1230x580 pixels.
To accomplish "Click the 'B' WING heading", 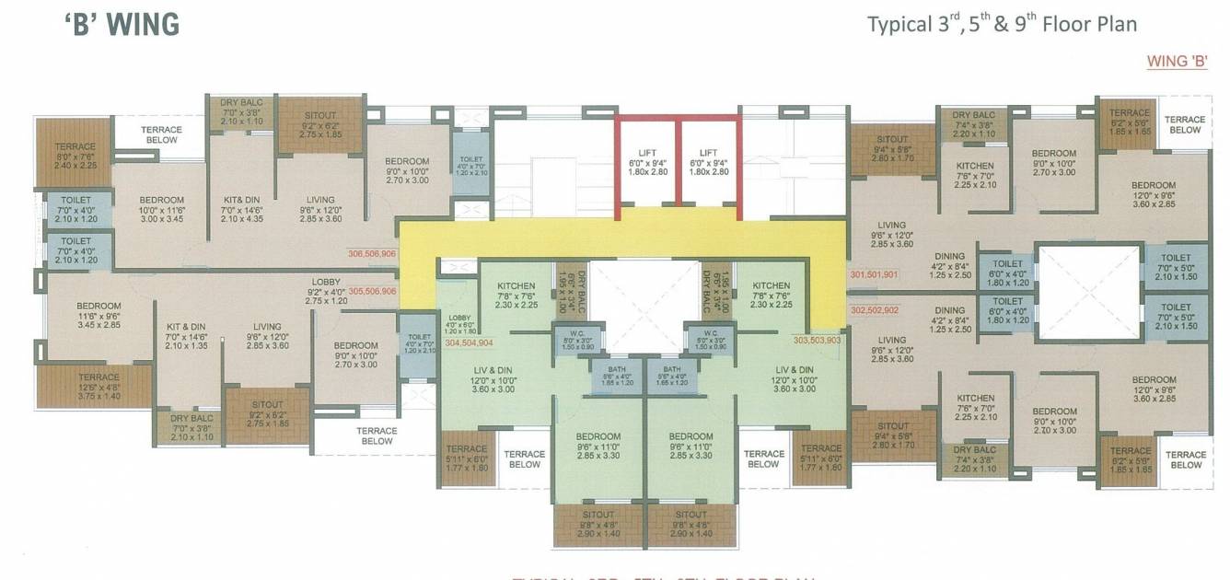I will click(x=122, y=25).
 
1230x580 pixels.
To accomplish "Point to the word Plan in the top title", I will click(x=1115, y=24).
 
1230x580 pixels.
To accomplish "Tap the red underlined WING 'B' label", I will click(x=1177, y=62).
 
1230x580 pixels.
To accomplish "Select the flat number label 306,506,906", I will click(x=372, y=253).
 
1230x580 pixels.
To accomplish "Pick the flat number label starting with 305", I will click(x=372, y=291).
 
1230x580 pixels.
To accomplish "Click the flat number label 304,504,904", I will click(x=469, y=342).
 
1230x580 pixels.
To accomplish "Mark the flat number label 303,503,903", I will click(x=817, y=340).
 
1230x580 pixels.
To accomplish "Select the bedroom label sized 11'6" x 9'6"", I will click(x=99, y=316).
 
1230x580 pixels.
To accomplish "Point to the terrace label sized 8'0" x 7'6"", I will click(x=75, y=157).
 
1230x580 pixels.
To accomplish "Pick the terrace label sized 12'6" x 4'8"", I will click(x=99, y=388).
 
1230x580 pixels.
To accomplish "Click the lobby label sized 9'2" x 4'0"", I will click(x=326, y=291).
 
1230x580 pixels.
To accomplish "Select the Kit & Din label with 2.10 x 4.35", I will click(x=243, y=209).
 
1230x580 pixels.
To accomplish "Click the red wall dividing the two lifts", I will click(x=677, y=161).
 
